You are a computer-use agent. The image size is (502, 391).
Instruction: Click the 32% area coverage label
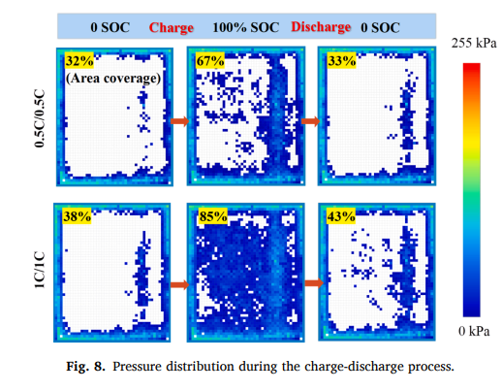(x=79, y=60)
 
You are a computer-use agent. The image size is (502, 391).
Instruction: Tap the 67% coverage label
(x=210, y=60)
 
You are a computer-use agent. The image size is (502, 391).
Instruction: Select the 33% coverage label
(x=341, y=60)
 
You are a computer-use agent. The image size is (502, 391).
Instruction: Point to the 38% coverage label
(x=77, y=216)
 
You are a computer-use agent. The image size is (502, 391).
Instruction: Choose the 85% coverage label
(x=213, y=216)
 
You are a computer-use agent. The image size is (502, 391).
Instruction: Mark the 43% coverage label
(x=341, y=216)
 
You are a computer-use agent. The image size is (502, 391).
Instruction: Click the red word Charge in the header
(x=172, y=28)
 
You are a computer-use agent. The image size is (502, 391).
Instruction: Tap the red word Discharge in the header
(x=321, y=27)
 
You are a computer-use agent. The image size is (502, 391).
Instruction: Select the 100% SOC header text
(x=246, y=27)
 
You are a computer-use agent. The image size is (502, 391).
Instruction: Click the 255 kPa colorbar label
(x=474, y=43)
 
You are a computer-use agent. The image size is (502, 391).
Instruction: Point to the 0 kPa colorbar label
(x=474, y=331)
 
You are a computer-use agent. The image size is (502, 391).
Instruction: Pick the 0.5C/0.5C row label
(x=40, y=118)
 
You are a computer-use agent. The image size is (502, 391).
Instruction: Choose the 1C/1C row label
(x=40, y=270)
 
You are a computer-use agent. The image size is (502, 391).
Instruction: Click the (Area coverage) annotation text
(x=113, y=79)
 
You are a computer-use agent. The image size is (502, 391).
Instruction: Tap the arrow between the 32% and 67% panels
(x=180, y=121)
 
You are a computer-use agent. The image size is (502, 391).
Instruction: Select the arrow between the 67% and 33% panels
(x=311, y=121)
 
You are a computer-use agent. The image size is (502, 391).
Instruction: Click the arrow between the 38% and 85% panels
(x=180, y=285)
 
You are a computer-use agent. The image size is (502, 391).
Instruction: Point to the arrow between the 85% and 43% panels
(x=314, y=283)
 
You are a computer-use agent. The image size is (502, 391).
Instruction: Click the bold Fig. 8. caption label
(x=85, y=367)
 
